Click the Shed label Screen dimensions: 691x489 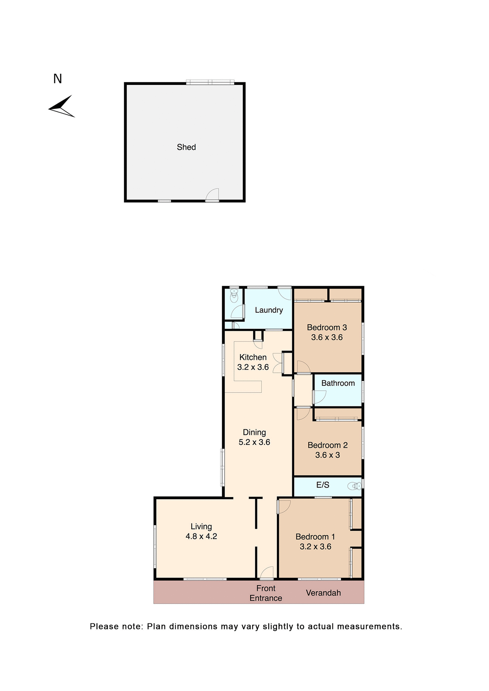(186, 147)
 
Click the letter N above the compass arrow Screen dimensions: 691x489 (58, 79)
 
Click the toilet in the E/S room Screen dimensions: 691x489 (354, 487)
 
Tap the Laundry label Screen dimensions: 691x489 (269, 310)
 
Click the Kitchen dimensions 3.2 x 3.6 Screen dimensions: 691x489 (253, 367)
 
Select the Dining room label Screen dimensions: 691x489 (254, 432)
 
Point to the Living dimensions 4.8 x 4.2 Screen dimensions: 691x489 (201, 536)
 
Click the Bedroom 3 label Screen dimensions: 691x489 (327, 328)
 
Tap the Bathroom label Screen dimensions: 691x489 (338, 383)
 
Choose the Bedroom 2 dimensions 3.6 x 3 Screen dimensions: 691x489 (327, 455)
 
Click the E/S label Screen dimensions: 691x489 (323, 485)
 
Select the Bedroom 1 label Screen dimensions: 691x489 (315, 537)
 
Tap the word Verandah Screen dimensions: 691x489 (323, 593)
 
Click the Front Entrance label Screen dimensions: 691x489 (266, 593)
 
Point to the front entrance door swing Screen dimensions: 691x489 (267, 573)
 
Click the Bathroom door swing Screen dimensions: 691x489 (320, 397)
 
